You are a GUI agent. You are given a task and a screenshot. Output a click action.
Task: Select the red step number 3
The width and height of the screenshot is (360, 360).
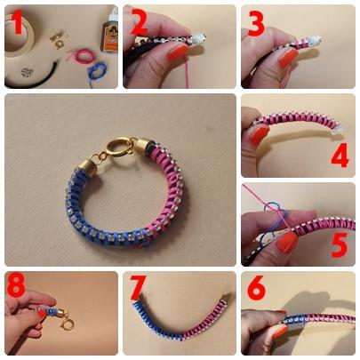[x=255, y=23]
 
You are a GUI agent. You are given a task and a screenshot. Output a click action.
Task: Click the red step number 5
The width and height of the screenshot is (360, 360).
[x=340, y=244]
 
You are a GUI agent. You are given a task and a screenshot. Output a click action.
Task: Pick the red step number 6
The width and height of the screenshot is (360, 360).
[x=257, y=287]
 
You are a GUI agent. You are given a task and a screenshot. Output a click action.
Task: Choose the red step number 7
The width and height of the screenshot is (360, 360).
[x=139, y=287]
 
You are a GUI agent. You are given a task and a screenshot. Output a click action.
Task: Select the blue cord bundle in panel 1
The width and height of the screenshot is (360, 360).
[x=95, y=71]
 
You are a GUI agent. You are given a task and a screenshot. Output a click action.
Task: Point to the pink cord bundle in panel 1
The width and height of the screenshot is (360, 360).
[x=81, y=56]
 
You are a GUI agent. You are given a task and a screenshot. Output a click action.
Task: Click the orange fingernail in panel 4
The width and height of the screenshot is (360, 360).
[x=258, y=132]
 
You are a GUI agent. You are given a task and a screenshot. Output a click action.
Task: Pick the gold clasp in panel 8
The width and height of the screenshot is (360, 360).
[x=66, y=323]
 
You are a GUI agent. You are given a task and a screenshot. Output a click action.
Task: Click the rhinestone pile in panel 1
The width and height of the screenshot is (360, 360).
[x=27, y=72]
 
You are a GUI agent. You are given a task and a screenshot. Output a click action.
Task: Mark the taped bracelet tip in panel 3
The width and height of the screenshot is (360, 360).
[x=314, y=39]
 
